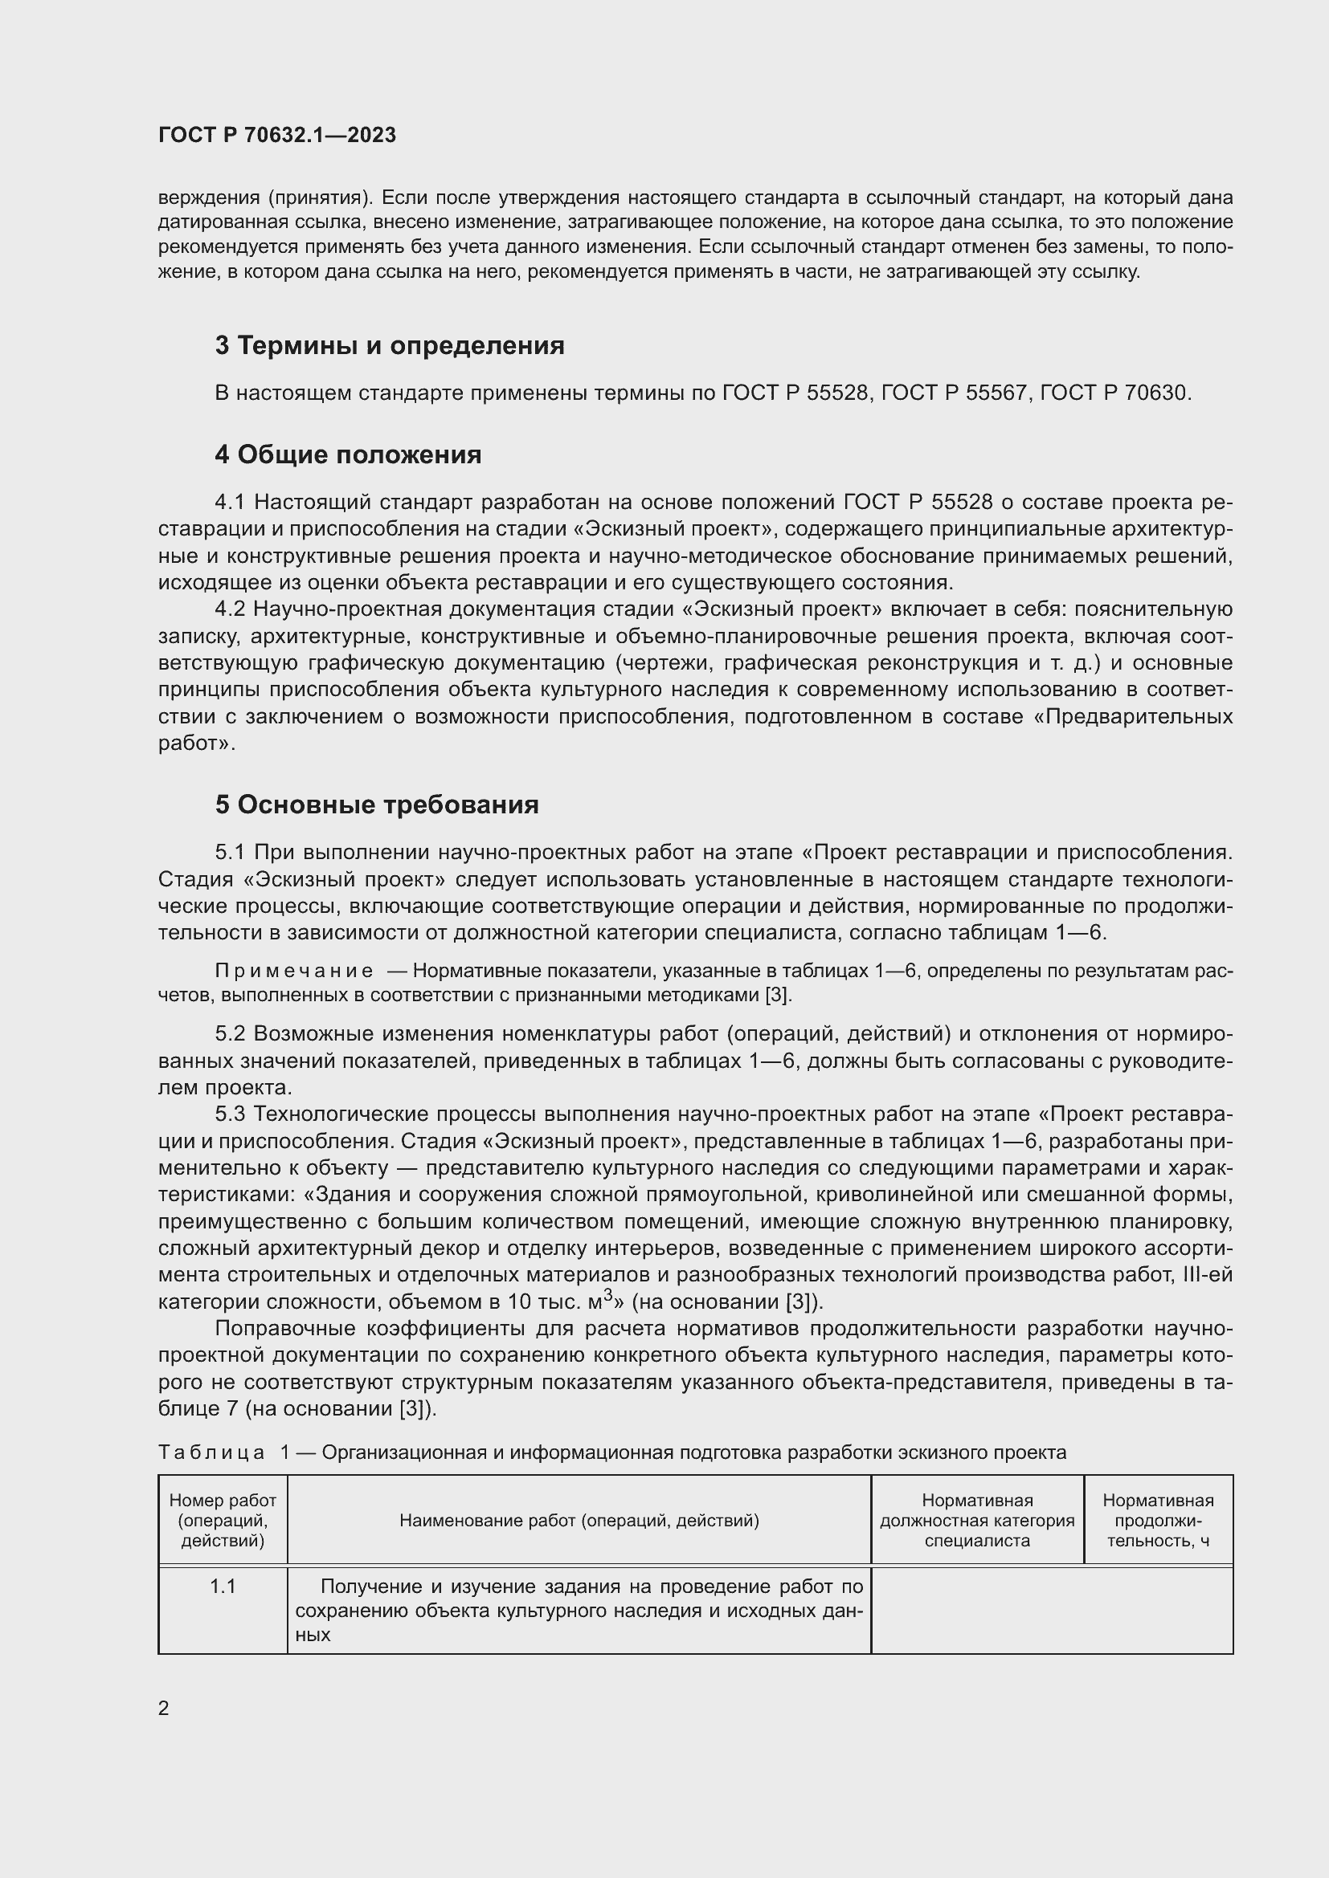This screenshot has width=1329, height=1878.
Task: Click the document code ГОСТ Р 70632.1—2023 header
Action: (x=276, y=135)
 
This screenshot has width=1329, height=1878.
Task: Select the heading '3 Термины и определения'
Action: (x=390, y=345)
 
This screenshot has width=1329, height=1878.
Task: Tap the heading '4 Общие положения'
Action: (x=348, y=454)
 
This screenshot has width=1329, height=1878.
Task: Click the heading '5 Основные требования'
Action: (x=376, y=805)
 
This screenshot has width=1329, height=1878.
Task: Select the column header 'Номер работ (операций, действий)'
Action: (x=223, y=1521)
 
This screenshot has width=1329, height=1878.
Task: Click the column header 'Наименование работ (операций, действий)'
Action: (x=579, y=1521)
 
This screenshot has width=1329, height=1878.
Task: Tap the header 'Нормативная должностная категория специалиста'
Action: (x=977, y=1521)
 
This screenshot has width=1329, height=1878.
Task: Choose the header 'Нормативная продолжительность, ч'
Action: (x=1158, y=1521)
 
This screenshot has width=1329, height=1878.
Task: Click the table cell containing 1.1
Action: (x=223, y=1587)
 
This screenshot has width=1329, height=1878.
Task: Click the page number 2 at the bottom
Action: (x=164, y=1708)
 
